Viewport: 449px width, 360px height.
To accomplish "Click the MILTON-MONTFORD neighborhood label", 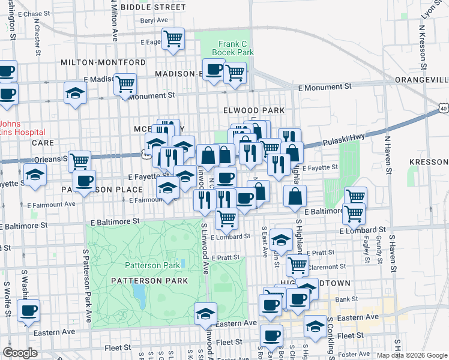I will [x=103, y=62].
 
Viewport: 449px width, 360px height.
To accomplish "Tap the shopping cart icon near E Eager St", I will [x=173, y=39].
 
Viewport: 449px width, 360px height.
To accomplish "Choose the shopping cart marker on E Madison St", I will [x=125, y=84].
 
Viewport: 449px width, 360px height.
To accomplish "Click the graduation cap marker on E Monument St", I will [x=76, y=93].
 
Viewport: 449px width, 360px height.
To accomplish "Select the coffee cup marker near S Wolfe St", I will [x=28, y=311].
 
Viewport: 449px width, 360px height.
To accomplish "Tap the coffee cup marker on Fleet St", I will [x=271, y=335].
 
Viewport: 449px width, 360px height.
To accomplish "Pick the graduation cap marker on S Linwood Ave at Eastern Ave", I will [x=205, y=314].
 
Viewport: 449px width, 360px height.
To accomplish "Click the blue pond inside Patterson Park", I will [x=139, y=294].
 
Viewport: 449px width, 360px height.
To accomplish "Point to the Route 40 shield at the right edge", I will [x=443, y=108].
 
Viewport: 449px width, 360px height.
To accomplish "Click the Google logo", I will [x=19, y=353].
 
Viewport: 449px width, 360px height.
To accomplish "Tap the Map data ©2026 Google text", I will [x=411, y=355].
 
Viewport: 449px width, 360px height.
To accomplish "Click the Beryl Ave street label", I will [x=154, y=20].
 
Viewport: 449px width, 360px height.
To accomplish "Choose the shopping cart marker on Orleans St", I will [x=79, y=161].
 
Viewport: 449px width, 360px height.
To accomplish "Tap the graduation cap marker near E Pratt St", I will [x=280, y=241].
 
